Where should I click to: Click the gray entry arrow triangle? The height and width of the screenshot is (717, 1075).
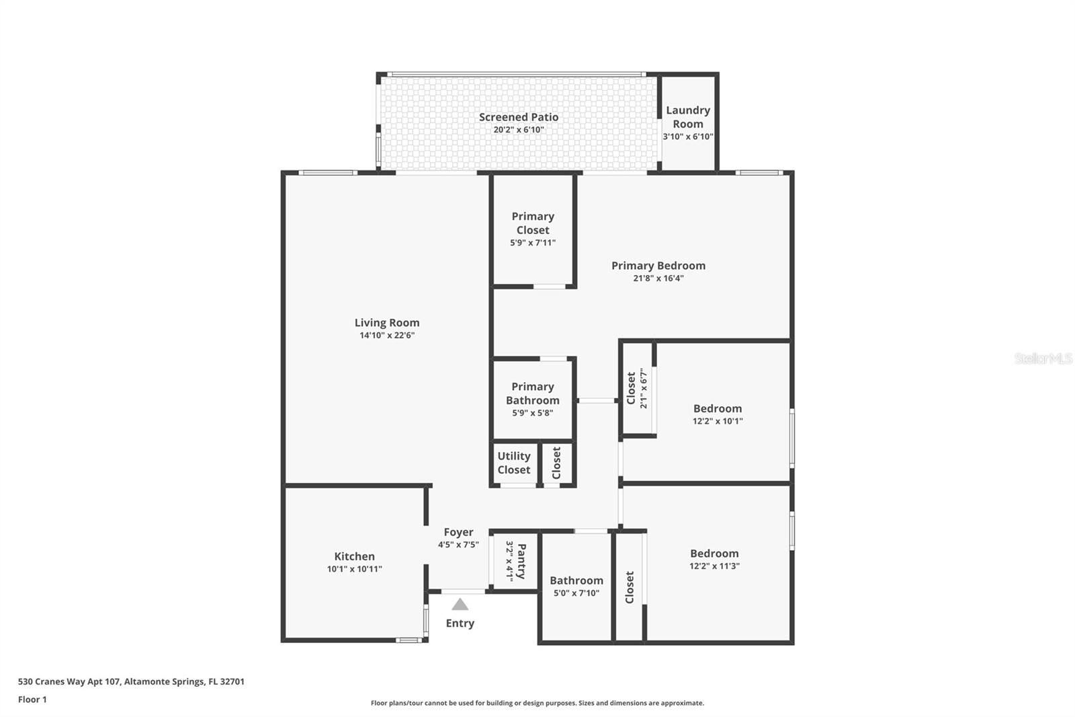(x=460, y=604)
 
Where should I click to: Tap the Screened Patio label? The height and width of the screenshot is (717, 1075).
(x=518, y=117)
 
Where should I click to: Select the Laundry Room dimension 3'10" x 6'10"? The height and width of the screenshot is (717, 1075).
(x=688, y=137)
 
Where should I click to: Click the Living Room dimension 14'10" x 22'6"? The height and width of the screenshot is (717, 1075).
(x=386, y=336)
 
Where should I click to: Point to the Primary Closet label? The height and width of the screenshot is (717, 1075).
(x=533, y=223)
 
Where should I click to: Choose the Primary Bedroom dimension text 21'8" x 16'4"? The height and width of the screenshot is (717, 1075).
(x=658, y=278)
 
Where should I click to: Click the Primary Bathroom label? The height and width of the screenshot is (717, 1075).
(x=532, y=393)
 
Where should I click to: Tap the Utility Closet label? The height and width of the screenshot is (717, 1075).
(x=514, y=463)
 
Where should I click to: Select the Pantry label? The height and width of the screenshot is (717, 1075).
(x=521, y=562)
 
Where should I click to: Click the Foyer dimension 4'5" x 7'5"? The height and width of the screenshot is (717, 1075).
(x=458, y=545)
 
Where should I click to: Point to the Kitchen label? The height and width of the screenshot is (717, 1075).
(x=354, y=556)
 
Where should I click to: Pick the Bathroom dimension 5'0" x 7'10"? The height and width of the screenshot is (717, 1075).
(x=576, y=593)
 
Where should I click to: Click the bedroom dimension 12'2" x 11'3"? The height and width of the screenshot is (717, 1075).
(x=714, y=566)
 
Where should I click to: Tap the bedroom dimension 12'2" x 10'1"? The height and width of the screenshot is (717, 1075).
(x=718, y=422)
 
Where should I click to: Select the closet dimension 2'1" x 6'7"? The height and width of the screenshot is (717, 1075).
(x=644, y=388)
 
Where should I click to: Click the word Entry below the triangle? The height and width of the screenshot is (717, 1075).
(x=460, y=624)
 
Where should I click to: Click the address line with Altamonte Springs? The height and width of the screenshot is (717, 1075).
(x=131, y=681)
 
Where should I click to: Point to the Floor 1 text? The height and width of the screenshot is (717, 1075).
(x=32, y=700)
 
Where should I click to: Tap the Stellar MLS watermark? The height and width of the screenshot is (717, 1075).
(x=1043, y=358)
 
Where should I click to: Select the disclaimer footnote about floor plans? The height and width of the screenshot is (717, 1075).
(x=537, y=704)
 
